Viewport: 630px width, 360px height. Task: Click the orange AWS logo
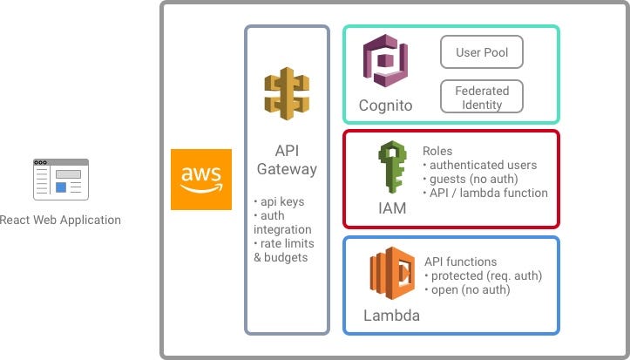point(201,179)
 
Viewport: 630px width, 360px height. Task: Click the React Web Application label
point(60,221)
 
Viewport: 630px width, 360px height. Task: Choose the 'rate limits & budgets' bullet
point(284,250)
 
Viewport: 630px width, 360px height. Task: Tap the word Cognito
point(385,106)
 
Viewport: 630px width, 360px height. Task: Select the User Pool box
point(482,52)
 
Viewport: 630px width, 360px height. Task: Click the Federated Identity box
point(482,97)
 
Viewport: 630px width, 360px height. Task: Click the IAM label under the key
point(391,208)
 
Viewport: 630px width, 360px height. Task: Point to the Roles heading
point(438,151)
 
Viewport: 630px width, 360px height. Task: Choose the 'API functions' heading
point(460,262)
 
